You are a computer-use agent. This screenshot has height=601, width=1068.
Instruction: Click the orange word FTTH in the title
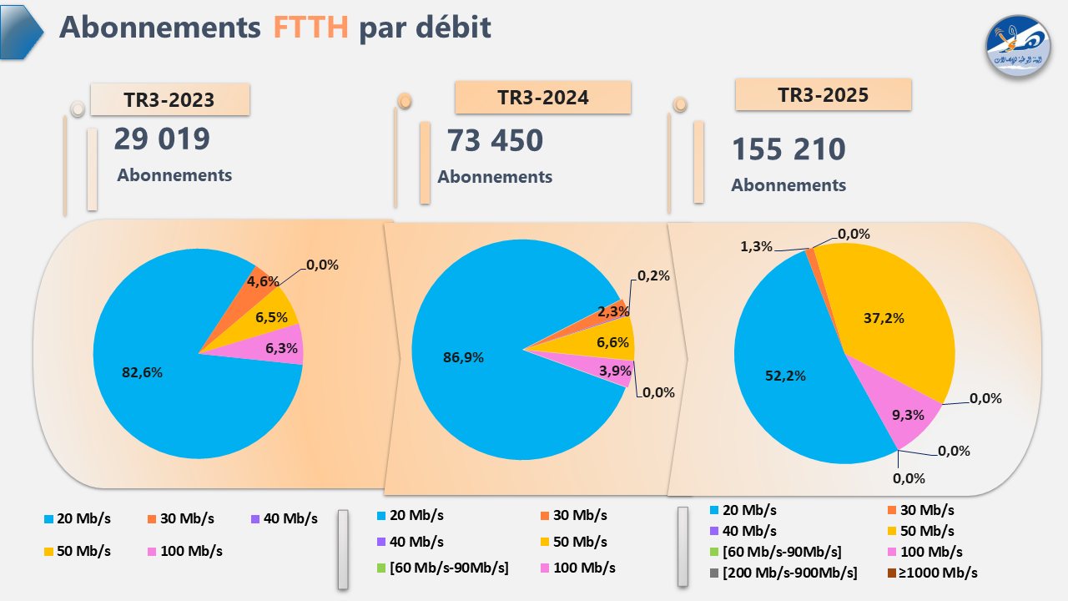310,28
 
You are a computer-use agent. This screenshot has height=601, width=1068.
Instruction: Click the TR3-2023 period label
169,100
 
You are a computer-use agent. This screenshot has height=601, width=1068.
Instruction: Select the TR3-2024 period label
542,98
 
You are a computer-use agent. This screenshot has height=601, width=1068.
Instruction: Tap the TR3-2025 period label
823,95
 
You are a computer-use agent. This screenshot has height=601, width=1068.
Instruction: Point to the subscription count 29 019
162,139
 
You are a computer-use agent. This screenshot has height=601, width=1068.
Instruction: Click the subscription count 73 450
495,141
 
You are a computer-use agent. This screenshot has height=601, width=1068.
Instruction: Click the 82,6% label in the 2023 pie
142,373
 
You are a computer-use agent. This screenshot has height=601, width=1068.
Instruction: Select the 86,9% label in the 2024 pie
463,357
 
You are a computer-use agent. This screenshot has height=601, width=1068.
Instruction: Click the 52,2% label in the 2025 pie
785,376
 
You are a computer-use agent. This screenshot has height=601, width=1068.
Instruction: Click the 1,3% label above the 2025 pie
756,246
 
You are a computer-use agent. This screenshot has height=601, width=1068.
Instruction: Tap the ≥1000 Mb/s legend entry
931,573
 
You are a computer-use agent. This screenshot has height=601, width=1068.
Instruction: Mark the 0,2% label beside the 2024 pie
653,275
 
